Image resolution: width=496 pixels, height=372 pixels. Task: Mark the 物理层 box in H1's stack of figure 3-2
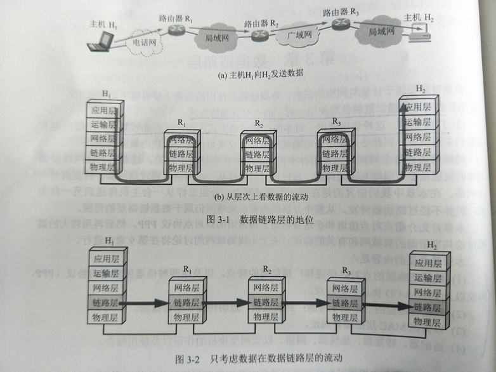tap(107, 316)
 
